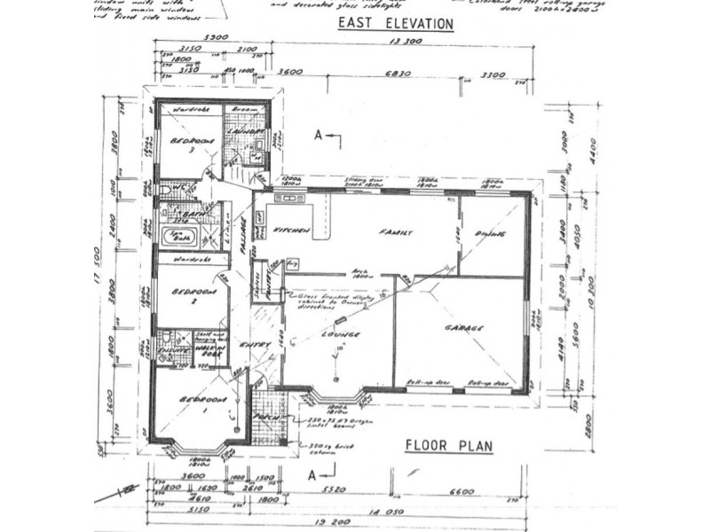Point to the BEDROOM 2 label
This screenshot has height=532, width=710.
[x=191, y=295]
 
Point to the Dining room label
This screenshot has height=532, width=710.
[x=491, y=232]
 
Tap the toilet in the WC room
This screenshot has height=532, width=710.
[x=167, y=191]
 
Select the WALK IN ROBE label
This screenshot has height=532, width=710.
[x=210, y=350]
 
